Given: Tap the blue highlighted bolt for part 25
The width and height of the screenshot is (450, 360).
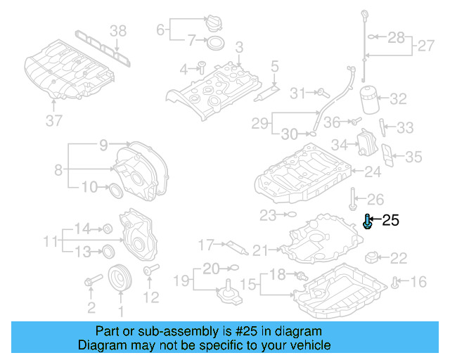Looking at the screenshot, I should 368,223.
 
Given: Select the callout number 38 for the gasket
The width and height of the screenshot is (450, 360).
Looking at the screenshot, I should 118,30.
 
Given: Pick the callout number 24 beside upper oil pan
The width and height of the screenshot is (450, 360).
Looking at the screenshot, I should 372,171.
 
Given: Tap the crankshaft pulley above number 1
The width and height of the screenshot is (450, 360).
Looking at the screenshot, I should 120,278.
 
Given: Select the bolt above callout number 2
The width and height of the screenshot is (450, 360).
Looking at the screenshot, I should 91,283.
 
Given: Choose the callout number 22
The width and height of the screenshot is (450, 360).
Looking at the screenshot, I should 398,258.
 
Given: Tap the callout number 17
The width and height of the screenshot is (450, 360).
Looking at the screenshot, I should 205,245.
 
